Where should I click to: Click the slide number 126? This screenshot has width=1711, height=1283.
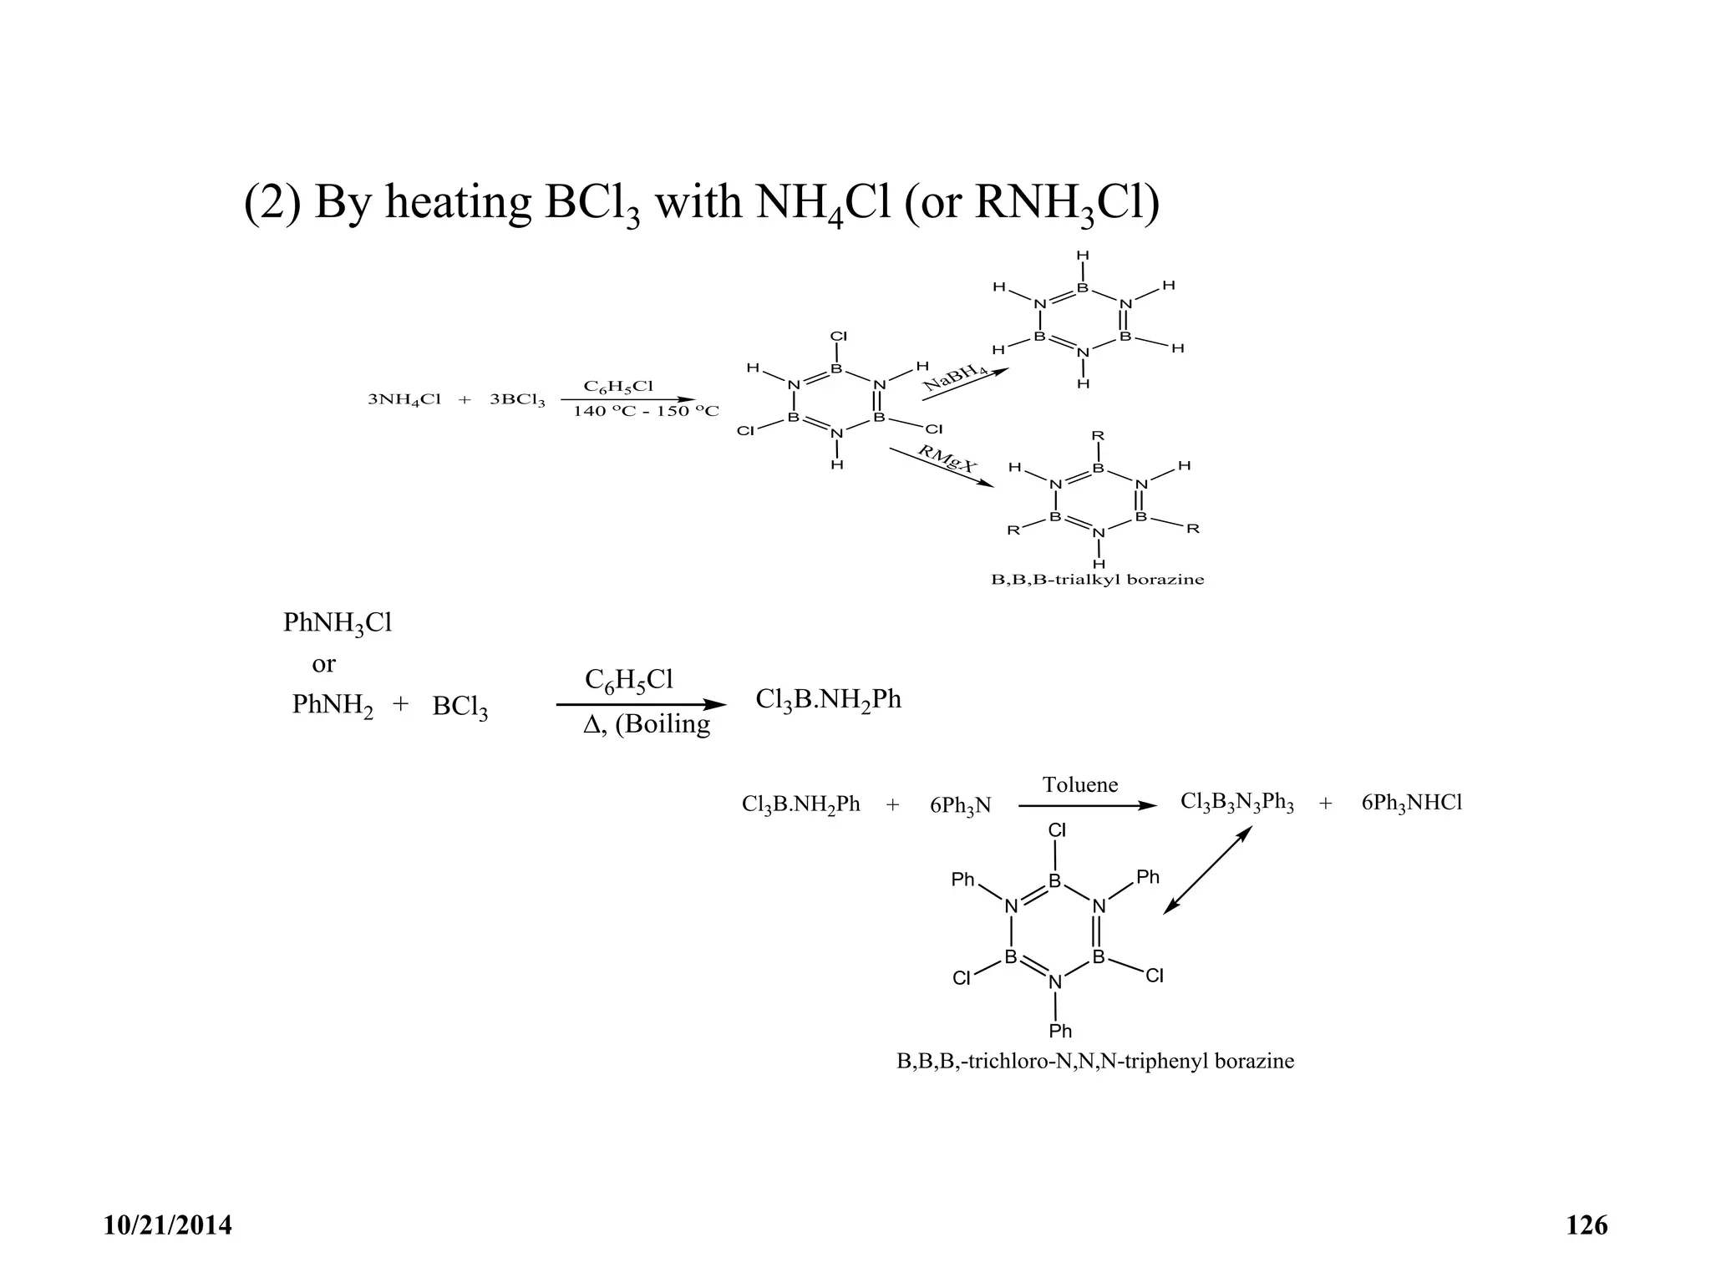click(x=1587, y=1225)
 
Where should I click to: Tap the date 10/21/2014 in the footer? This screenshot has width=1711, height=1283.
click(x=168, y=1225)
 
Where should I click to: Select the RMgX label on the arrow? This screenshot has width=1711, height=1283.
click(x=947, y=459)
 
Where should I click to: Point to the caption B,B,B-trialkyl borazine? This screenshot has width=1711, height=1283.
click(x=1097, y=580)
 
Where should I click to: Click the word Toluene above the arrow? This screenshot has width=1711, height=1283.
click(x=1079, y=784)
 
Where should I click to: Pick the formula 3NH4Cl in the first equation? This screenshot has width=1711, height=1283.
click(x=404, y=399)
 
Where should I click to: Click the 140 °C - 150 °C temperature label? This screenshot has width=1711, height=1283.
click(x=645, y=412)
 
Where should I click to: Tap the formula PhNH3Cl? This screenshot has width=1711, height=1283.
click(x=338, y=624)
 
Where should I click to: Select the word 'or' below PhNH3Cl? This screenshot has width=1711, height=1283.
click(x=323, y=664)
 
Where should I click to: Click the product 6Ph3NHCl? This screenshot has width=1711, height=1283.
click(x=1412, y=804)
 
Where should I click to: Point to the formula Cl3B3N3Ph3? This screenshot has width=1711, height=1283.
click(x=1236, y=803)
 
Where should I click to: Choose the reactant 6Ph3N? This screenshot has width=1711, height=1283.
click(x=960, y=805)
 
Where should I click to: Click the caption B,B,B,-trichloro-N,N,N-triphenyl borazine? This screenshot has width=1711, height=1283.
click(x=1094, y=1062)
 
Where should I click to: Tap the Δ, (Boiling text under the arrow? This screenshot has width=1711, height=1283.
click(x=647, y=724)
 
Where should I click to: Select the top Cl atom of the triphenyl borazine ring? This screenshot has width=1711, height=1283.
click(x=1057, y=830)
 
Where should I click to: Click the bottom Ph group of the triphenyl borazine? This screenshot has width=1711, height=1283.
click(x=1060, y=1031)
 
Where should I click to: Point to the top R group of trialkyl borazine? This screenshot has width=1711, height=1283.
click(x=1098, y=436)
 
